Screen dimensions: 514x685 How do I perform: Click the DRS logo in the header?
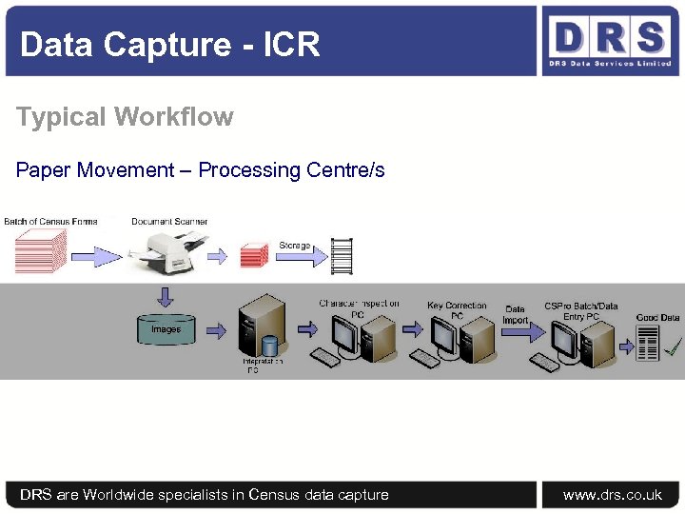[x=608, y=41]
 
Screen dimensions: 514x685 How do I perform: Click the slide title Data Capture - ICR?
[x=169, y=45]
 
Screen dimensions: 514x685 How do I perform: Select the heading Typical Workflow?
[x=125, y=117]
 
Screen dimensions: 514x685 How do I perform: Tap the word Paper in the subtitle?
[x=43, y=170]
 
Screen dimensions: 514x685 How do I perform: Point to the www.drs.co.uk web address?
[x=613, y=494]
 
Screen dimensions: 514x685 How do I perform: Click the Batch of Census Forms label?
[x=50, y=222]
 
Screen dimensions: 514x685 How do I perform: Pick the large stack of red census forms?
[x=40, y=251]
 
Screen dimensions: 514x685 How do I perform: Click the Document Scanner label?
[x=169, y=222]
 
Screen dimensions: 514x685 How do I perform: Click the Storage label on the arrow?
[x=294, y=246]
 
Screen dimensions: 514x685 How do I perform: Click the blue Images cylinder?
[x=165, y=328]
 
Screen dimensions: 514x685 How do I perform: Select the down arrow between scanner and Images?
[x=166, y=298]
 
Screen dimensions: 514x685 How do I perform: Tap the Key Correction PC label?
[x=457, y=310]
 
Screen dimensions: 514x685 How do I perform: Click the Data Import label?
[x=515, y=314]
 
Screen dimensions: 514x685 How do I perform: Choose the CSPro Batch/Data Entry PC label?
[x=580, y=311]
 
